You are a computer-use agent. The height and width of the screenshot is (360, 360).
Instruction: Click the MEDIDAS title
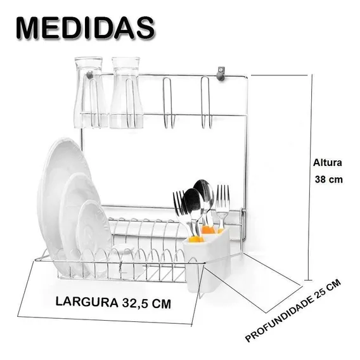click(86, 28)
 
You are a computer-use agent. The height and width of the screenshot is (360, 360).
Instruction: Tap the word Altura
click(328, 163)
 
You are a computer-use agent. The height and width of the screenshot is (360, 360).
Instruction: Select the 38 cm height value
click(328, 179)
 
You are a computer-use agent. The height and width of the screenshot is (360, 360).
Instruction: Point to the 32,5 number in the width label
click(135, 304)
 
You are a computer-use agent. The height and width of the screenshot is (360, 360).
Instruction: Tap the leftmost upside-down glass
click(88, 93)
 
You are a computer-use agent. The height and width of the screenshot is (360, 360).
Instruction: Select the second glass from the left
click(126, 93)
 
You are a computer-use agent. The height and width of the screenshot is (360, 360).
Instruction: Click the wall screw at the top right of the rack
click(221, 74)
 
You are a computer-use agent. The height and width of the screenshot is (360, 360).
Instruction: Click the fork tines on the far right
click(222, 198)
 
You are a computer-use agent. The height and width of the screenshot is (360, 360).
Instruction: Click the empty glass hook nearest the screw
click(206, 102)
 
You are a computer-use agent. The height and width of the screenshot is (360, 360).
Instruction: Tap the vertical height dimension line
click(310, 177)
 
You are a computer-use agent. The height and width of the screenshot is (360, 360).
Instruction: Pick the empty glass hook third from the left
click(169, 103)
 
